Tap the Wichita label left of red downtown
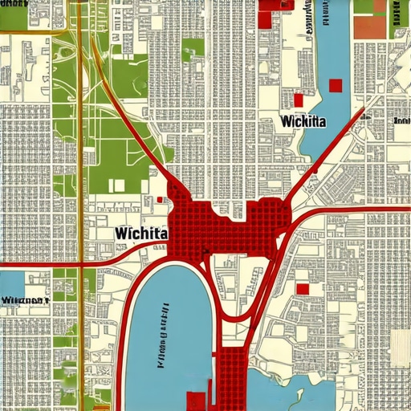(x=141, y=233)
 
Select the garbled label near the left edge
(x=24, y=301)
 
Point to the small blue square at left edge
(x=12, y=283)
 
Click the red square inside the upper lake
(x=335, y=85)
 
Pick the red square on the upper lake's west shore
(x=298, y=100)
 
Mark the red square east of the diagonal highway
(x=303, y=289)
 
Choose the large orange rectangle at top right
(x=369, y=27)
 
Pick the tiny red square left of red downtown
(x=161, y=200)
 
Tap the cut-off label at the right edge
(x=401, y=120)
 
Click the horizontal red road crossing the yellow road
(x=48, y=262)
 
